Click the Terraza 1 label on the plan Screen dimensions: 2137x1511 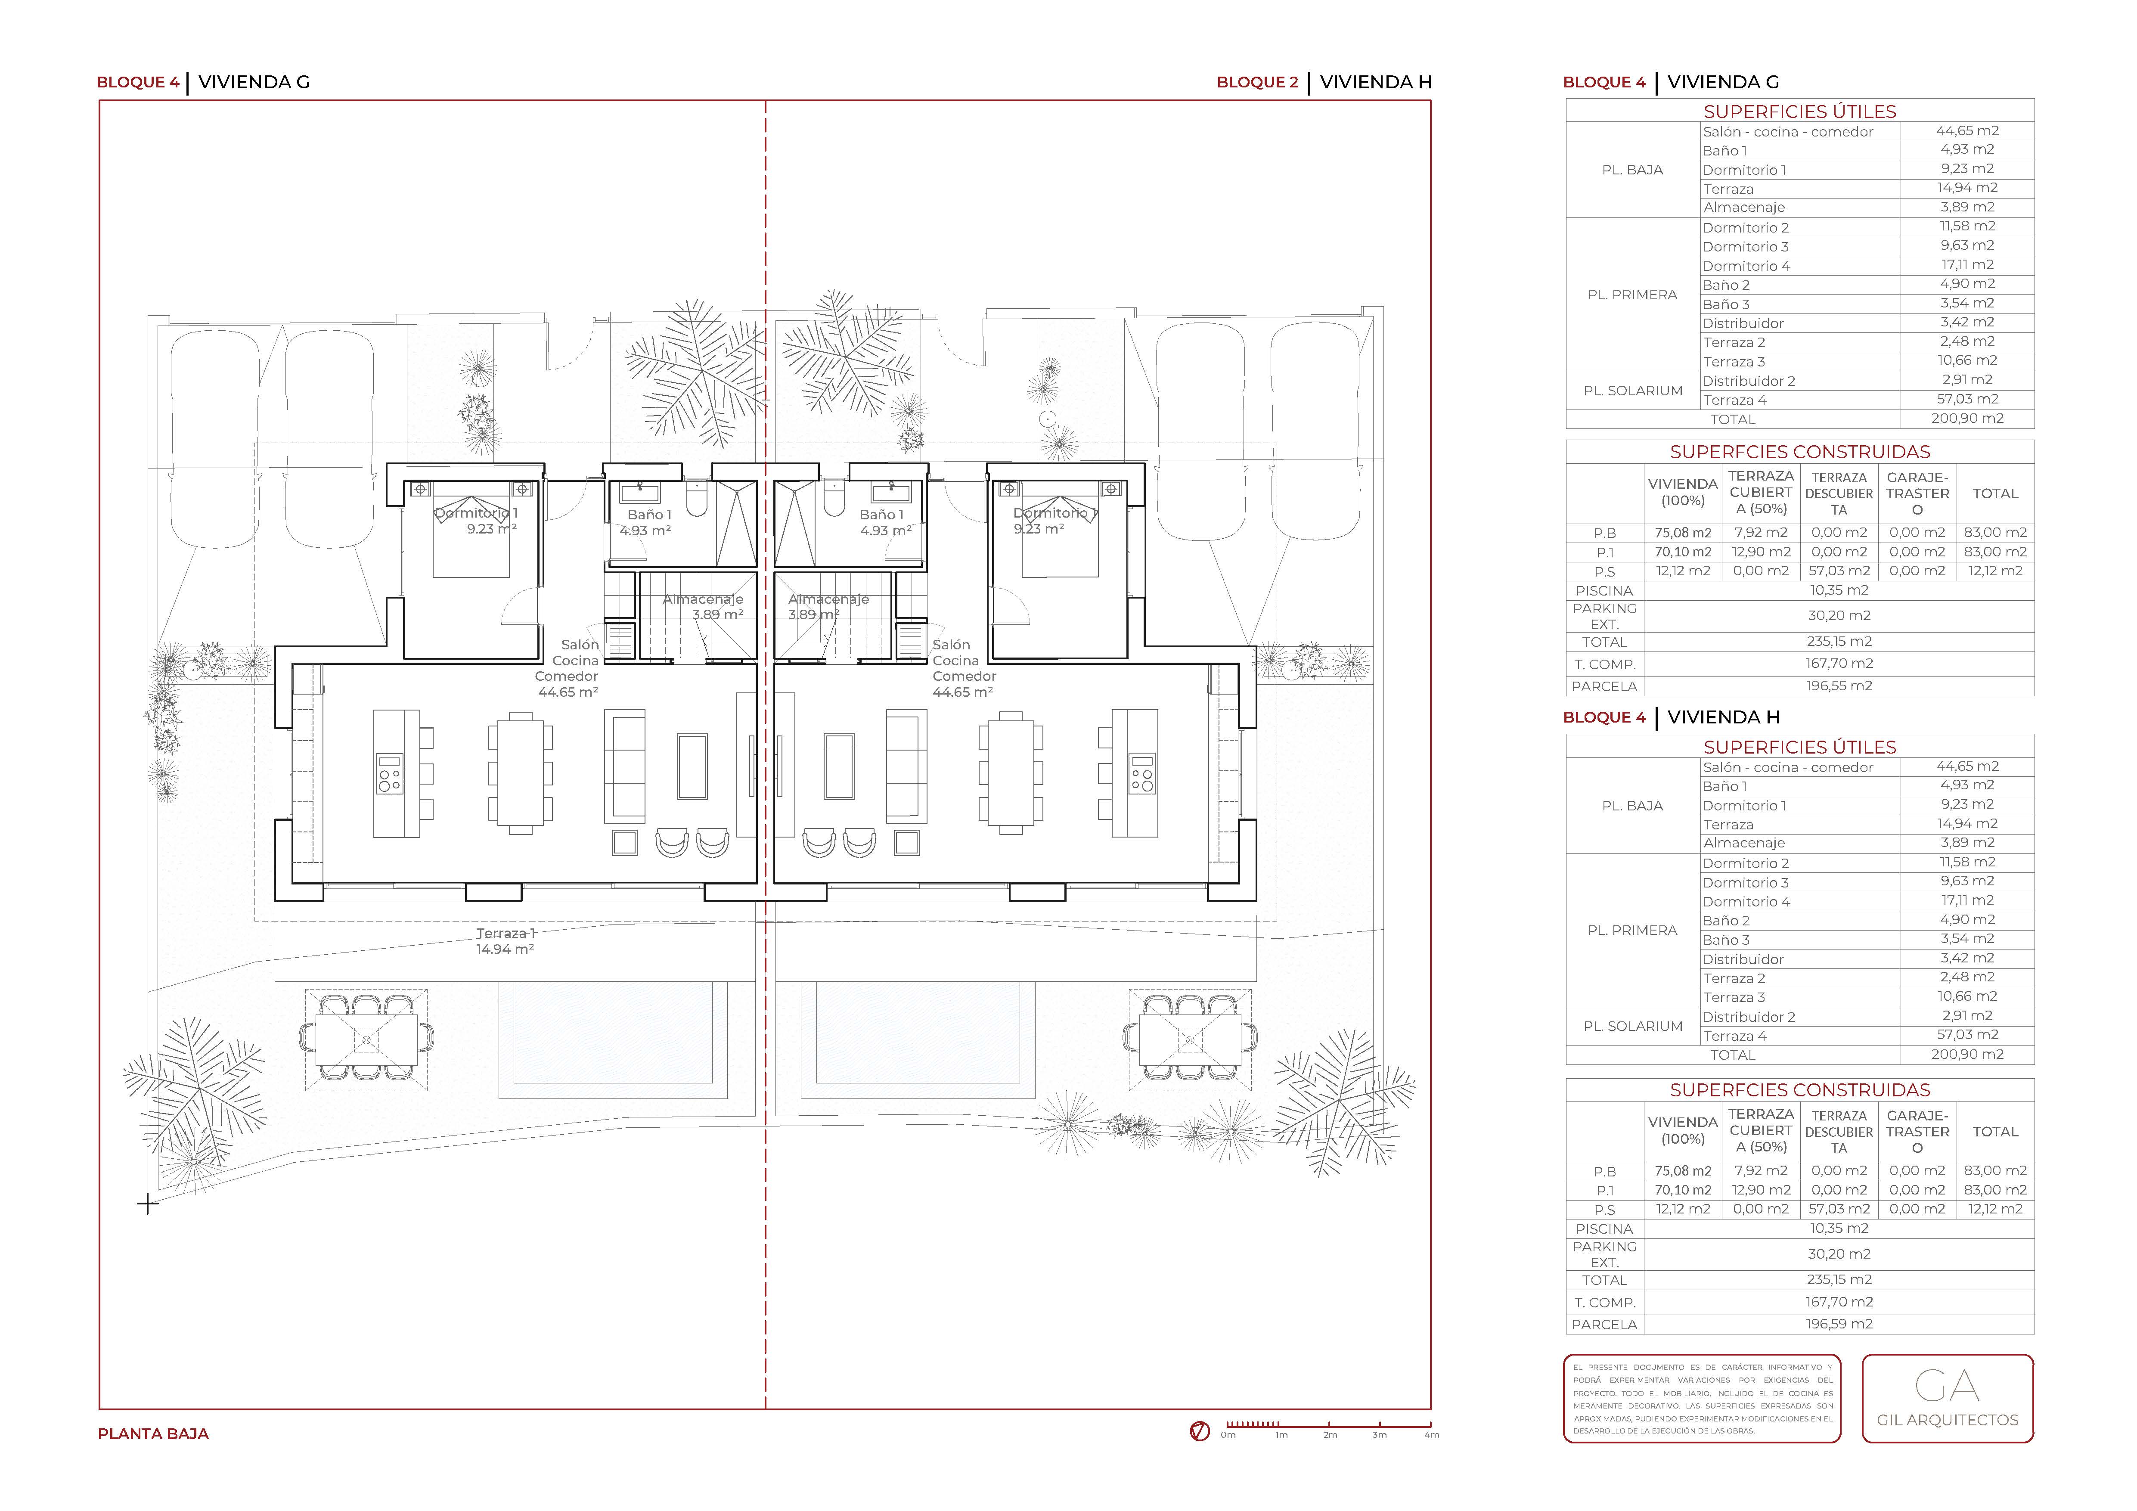(x=506, y=933)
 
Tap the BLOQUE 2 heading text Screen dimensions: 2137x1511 (x=1257, y=82)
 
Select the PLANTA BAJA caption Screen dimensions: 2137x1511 (x=154, y=1434)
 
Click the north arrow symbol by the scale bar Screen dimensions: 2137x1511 (x=1200, y=1431)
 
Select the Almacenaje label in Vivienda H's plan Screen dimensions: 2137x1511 (x=828, y=599)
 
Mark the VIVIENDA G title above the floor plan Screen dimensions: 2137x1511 (x=254, y=82)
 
